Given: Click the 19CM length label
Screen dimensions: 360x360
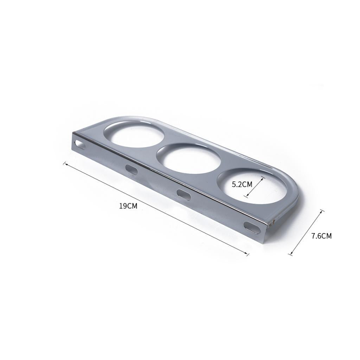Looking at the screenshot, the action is click(x=128, y=206).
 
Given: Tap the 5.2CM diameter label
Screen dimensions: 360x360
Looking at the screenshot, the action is click(x=242, y=184).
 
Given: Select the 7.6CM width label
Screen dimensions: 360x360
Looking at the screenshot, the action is click(x=321, y=236).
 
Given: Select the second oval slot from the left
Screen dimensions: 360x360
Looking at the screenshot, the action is click(x=131, y=169).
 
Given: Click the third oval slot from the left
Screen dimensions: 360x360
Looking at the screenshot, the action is click(x=184, y=194).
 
